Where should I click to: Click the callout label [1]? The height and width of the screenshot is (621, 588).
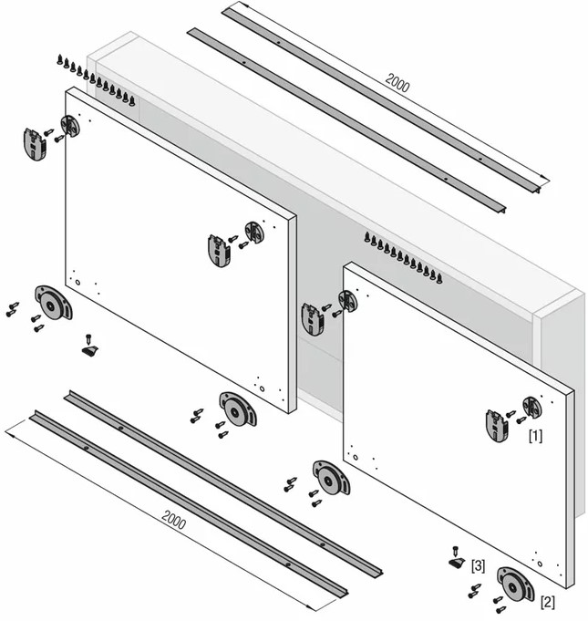click(535, 436)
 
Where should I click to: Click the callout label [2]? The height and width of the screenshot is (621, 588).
click(548, 603)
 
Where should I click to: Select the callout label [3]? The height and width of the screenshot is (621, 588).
click(478, 566)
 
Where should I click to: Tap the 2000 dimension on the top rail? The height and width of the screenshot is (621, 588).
click(397, 83)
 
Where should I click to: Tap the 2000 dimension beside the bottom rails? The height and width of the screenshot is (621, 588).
click(174, 521)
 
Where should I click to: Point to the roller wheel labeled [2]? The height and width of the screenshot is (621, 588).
click(516, 584)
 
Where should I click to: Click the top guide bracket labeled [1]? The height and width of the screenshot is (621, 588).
click(497, 426)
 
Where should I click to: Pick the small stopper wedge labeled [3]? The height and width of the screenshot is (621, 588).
click(457, 563)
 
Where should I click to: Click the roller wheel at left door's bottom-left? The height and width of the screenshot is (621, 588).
click(54, 303)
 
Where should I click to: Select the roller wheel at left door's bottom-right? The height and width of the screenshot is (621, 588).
click(238, 409)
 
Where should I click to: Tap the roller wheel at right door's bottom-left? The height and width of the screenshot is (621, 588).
click(331, 478)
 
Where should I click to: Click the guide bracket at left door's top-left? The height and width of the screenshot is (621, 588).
click(35, 144)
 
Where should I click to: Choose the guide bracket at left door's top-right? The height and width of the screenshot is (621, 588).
click(220, 251)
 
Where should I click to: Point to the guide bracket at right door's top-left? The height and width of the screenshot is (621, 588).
click(313, 319)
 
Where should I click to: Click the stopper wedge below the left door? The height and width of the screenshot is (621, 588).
click(90, 351)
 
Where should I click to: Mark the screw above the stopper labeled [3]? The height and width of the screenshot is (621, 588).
click(455, 551)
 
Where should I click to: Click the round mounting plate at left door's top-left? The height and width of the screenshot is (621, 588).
click(70, 125)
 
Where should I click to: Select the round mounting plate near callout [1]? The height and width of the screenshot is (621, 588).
click(532, 407)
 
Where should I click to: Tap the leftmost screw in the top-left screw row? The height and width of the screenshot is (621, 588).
click(60, 59)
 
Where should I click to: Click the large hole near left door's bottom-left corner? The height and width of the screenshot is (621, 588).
click(77, 283)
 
